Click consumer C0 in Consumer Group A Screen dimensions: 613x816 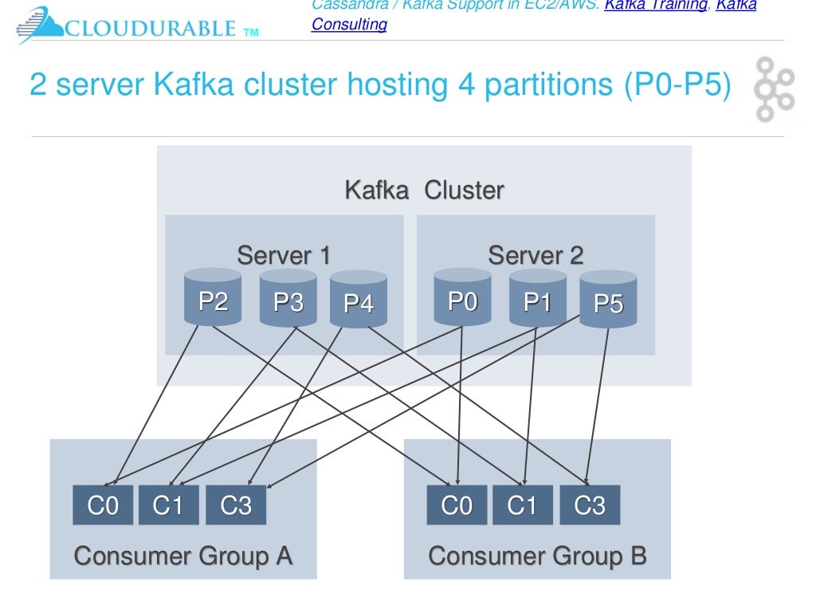(x=103, y=505)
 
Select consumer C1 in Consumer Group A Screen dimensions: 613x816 (x=168, y=505)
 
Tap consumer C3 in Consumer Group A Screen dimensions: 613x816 (x=236, y=505)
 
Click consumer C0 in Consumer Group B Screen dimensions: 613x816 (x=457, y=505)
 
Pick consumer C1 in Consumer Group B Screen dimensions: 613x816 (x=523, y=505)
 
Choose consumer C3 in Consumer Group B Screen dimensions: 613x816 (x=590, y=505)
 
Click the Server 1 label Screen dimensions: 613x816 (x=284, y=256)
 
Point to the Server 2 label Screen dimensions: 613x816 (x=535, y=256)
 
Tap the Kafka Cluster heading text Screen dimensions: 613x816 (x=424, y=191)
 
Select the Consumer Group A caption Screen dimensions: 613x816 (x=183, y=556)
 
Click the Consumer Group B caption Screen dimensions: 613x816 (x=537, y=556)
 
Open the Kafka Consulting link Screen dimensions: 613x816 (x=349, y=24)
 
